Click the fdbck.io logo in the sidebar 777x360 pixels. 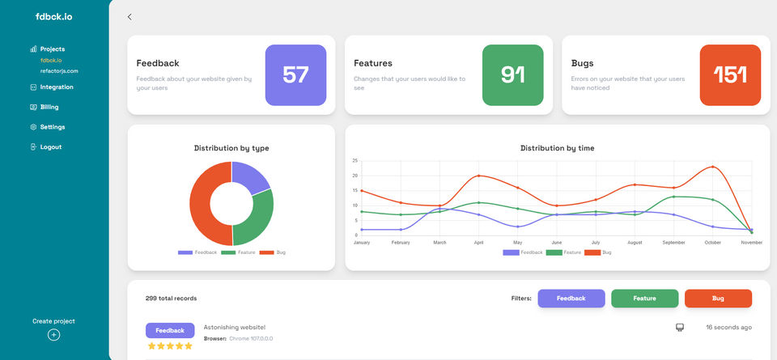click(54, 16)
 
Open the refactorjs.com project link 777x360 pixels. click(59, 70)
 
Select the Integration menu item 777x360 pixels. click(56, 87)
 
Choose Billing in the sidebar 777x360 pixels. click(49, 107)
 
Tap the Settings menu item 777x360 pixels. click(52, 127)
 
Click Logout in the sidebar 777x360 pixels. click(50, 147)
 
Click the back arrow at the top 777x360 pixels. click(129, 16)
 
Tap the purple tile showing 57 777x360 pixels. click(295, 75)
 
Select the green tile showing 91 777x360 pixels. click(512, 75)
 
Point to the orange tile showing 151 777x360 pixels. click(730, 75)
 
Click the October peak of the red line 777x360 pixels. click(712, 167)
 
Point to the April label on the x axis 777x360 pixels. click(479, 242)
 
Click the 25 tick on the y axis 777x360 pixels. click(355, 161)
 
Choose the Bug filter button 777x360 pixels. click(718, 299)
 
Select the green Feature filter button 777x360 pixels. click(644, 299)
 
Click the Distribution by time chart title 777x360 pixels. click(557, 148)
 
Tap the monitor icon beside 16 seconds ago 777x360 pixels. click(680, 328)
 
